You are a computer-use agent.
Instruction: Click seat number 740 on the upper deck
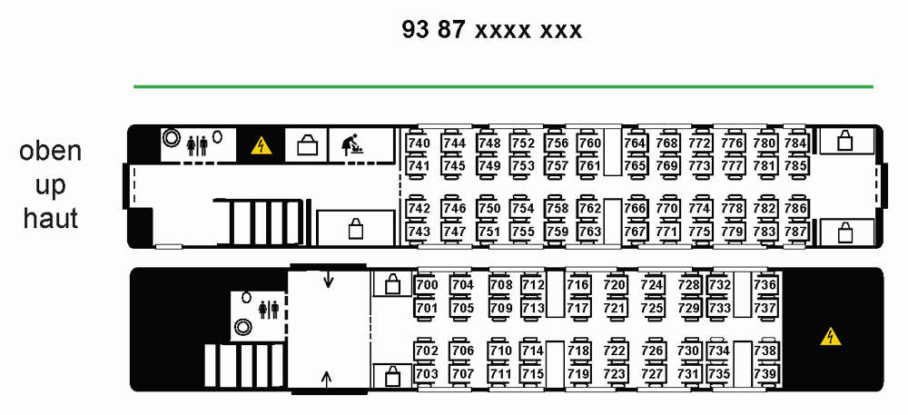pyautogui.click(x=419, y=143)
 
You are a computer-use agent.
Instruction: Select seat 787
pyautogui.click(x=795, y=232)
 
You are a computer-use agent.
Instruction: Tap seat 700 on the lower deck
pyautogui.click(x=427, y=285)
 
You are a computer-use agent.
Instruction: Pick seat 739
pyautogui.click(x=765, y=374)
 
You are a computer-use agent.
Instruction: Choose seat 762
pyautogui.click(x=589, y=208)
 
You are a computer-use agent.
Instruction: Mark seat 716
pyautogui.click(x=577, y=285)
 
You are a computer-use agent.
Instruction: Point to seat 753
pyautogui.click(x=523, y=166)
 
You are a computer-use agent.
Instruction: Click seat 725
pyautogui.click(x=652, y=308)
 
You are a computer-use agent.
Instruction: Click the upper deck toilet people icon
pyautogui.click(x=197, y=145)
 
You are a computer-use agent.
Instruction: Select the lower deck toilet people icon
pyautogui.click(x=269, y=309)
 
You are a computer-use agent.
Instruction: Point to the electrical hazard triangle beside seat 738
pyautogui.click(x=831, y=336)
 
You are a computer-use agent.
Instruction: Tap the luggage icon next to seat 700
pyautogui.click(x=393, y=283)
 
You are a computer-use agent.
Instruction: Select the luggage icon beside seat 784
pyautogui.click(x=844, y=140)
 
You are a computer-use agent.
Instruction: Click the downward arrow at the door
pyautogui.click(x=329, y=280)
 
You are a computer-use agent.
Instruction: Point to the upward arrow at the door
pyautogui.click(x=327, y=379)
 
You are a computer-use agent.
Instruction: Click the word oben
pyautogui.click(x=50, y=151)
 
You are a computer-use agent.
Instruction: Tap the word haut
pyautogui.click(x=50, y=219)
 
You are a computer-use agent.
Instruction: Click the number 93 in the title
pyautogui.click(x=415, y=30)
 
